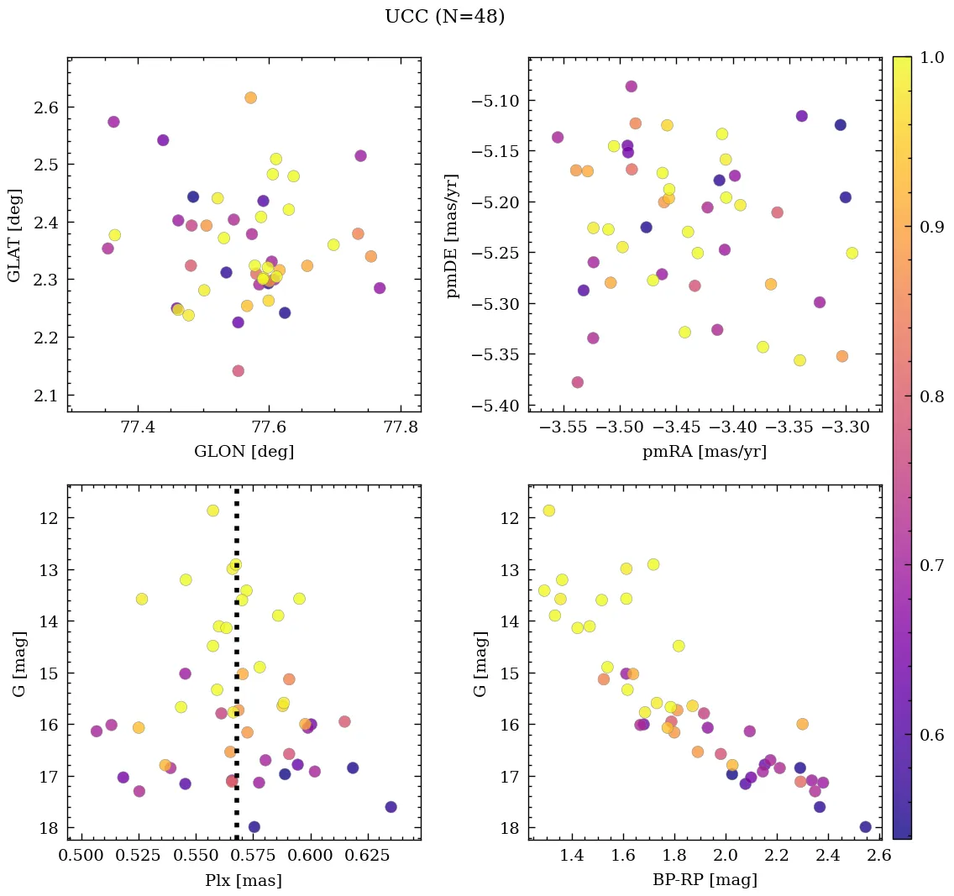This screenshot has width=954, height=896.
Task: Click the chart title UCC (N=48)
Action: [444, 17]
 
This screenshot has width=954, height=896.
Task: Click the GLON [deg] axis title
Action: [244, 452]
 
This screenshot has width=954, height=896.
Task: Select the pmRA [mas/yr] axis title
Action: [705, 452]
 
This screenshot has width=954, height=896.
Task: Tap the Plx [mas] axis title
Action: [244, 880]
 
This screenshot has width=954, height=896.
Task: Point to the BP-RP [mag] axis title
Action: [705, 880]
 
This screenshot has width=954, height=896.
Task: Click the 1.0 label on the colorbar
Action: [930, 58]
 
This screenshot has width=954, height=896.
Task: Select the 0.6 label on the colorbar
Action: [930, 735]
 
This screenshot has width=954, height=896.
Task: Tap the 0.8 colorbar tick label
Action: [930, 396]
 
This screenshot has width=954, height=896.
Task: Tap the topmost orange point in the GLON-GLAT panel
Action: [250, 98]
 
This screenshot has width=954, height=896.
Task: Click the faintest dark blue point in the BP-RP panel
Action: [866, 827]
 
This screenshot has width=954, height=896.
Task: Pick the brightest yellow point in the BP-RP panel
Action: [549, 511]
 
